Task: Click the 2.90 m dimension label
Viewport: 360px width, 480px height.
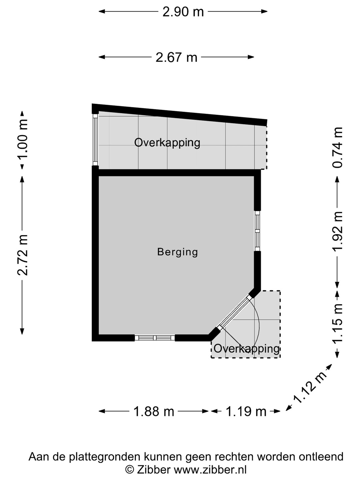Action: point(183,12)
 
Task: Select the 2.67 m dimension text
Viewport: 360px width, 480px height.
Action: point(176,58)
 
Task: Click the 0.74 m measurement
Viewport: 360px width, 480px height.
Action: point(337,148)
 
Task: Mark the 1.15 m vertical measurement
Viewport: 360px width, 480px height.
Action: point(337,323)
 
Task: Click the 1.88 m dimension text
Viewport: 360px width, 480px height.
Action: point(154,412)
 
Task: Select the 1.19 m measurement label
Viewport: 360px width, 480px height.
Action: point(246,412)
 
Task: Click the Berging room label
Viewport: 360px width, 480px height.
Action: point(177,252)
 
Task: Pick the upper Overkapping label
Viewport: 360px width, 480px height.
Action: point(167,143)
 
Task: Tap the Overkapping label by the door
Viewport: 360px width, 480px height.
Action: point(247,349)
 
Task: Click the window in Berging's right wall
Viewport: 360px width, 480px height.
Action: point(257,231)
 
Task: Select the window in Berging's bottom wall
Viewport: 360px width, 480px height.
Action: point(155,338)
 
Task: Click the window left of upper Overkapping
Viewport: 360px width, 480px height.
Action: point(95,140)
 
